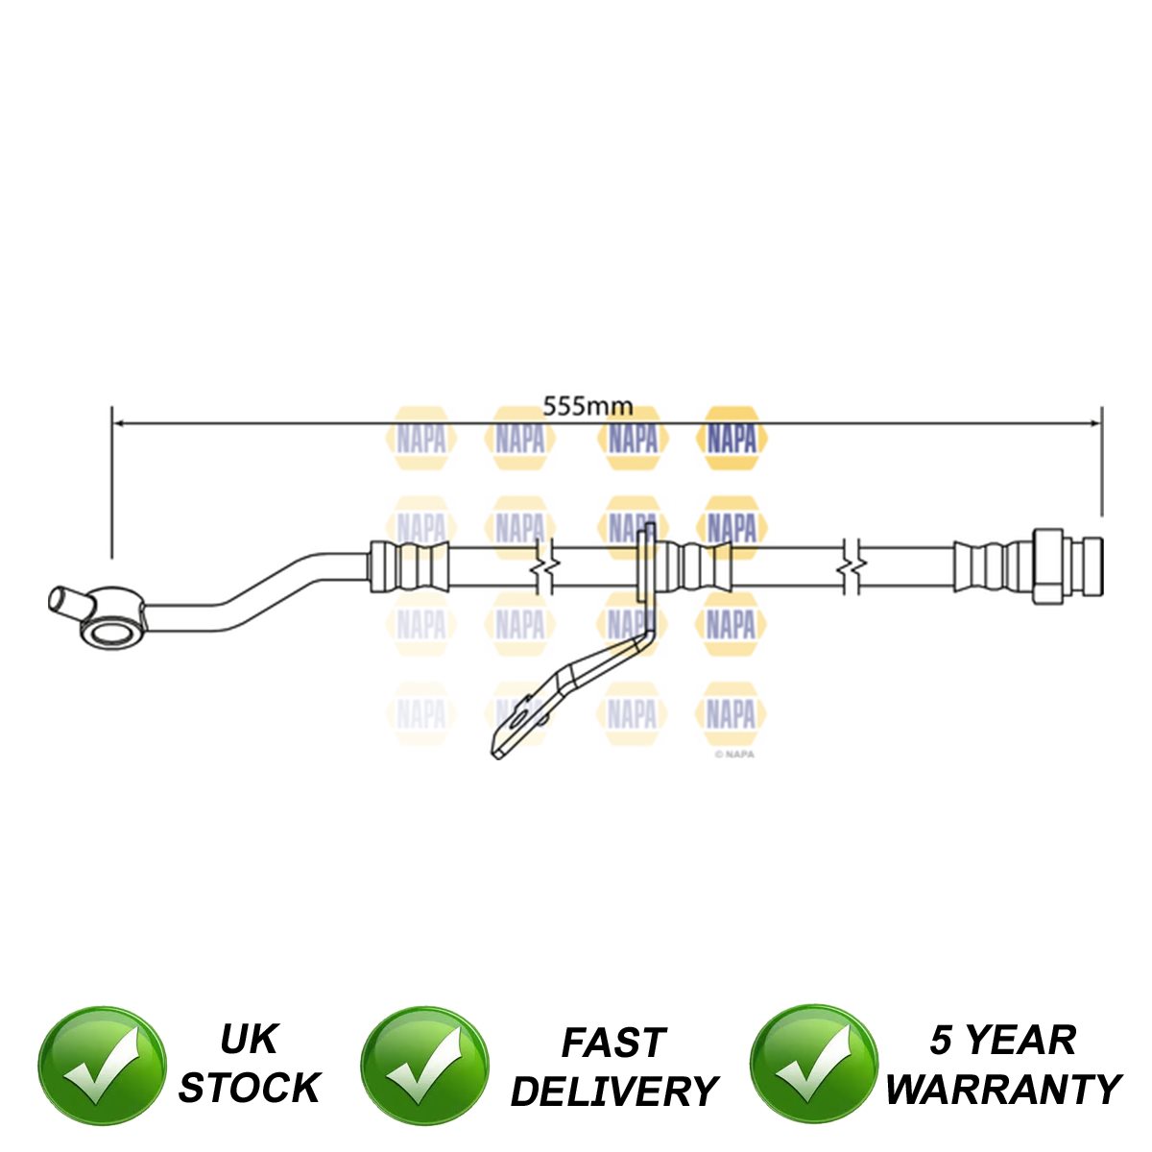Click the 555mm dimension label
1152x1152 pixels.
coord(588,405)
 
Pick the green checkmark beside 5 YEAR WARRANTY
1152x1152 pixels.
coord(813,1068)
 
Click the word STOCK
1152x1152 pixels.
coord(249,1088)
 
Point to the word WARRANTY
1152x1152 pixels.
coord(1002,1089)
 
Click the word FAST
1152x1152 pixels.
coord(613,1043)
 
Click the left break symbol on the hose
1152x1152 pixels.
coord(544,568)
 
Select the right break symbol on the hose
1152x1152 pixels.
coord(852,568)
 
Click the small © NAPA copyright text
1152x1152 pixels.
coord(734,755)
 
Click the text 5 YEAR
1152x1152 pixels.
coord(1002,1041)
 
